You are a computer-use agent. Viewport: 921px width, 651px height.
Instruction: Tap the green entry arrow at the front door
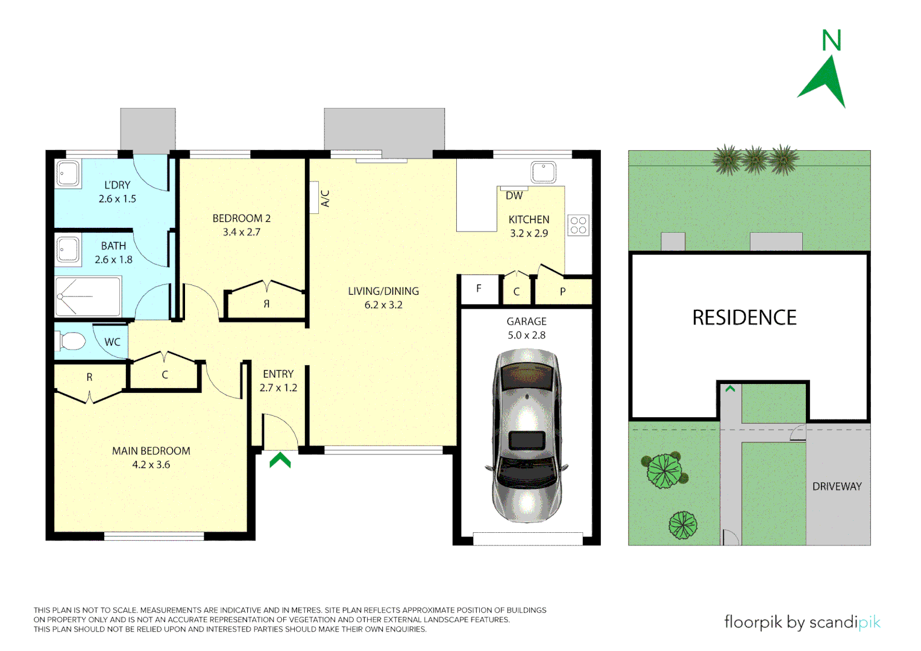coord(280,461)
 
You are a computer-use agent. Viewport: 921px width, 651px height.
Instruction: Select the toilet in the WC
coord(72,341)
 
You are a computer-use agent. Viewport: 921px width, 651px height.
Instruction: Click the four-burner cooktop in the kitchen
coord(578,225)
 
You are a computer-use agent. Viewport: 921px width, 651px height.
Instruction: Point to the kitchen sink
coord(543,172)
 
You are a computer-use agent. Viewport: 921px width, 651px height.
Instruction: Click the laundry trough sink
coord(68,174)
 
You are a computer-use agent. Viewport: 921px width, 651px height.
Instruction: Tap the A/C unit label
coord(325,198)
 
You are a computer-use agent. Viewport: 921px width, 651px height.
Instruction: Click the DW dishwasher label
coord(514,196)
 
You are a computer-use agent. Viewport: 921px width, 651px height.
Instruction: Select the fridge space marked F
coord(479,289)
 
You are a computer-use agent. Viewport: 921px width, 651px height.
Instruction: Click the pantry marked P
coord(563,292)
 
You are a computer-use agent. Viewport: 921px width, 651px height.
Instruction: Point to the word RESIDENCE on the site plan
coord(744,318)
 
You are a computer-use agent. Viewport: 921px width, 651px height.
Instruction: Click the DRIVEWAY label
coord(837,486)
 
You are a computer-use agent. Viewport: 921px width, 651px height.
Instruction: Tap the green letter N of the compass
coord(831,41)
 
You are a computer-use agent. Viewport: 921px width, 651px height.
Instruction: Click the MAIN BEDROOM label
coord(151,451)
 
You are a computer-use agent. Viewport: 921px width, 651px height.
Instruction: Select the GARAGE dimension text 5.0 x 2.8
coord(527,335)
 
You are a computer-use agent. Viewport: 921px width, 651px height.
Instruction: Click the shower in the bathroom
coord(88,297)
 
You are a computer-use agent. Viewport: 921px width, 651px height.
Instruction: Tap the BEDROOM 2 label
coord(242,218)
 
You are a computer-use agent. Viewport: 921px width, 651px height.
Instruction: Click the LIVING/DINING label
coord(383,291)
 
